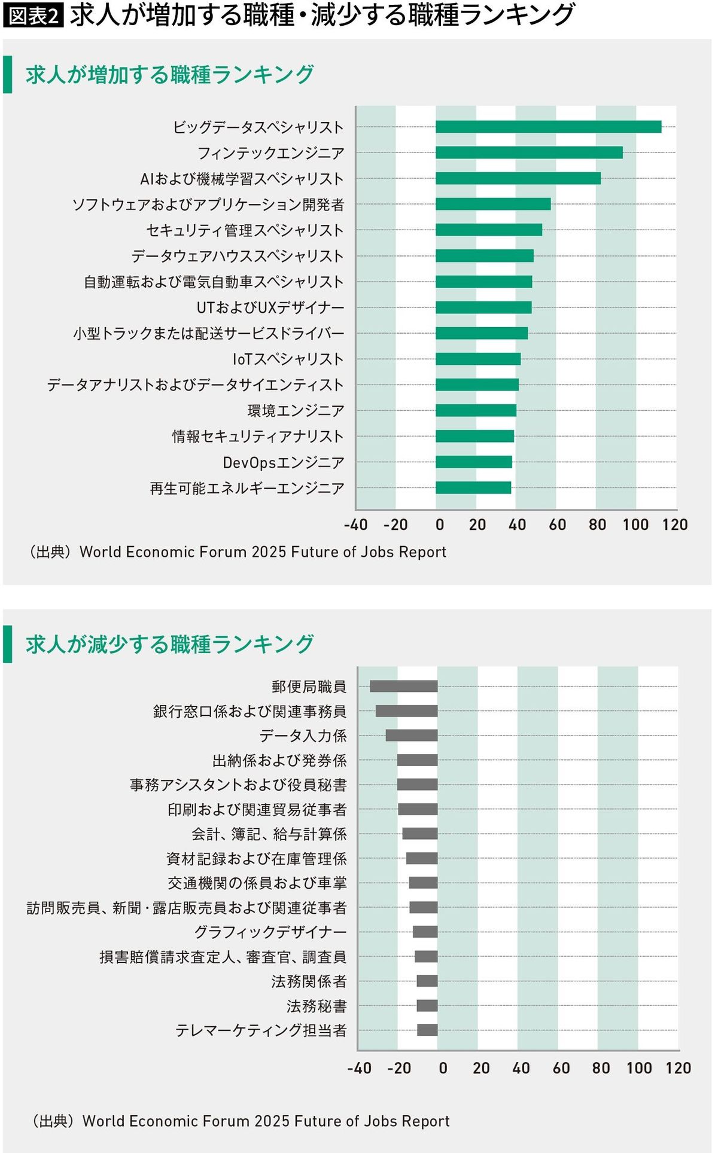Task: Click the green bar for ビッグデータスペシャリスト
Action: coord(548,127)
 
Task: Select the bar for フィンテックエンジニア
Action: coord(529,152)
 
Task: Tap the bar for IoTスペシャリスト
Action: coord(478,359)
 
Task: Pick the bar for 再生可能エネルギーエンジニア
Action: coord(473,487)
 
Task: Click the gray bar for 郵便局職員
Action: coord(404,687)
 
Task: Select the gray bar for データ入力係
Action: coord(412,736)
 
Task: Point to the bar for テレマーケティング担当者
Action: coord(427,1030)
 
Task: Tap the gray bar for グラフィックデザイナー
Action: coord(425,932)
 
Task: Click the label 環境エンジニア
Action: coord(296,411)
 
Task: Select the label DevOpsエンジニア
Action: coord(284,462)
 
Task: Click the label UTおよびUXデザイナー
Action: coord(270,307)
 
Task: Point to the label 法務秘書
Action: coord(317,1006)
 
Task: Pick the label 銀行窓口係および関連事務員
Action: coord(250,712)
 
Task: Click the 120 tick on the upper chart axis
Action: coord(675,525)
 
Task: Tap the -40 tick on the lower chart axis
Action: coord(360,1068)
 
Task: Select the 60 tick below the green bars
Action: coord(557,525)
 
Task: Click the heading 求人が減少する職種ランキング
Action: coord(170,644)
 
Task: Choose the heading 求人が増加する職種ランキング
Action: coord(170,75)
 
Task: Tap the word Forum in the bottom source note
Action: coord(227,1121)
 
